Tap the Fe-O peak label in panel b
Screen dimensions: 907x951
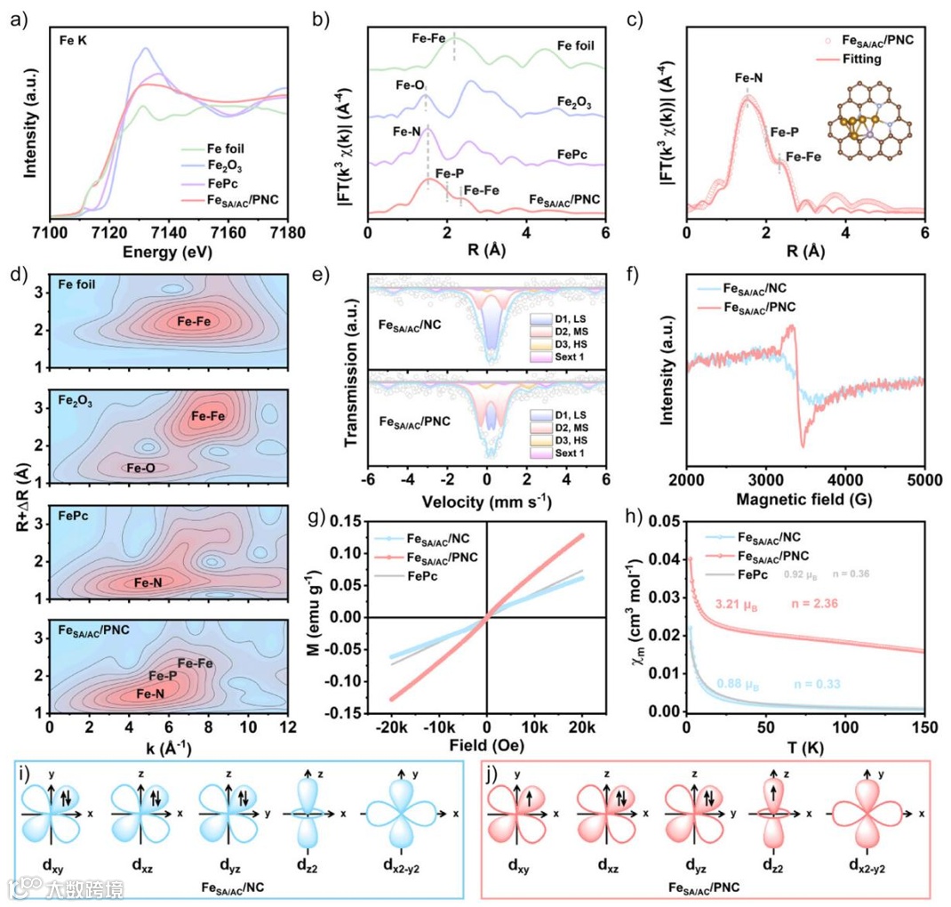click(x=412, y=87)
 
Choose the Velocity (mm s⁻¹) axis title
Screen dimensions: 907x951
click(x=486, y=502)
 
